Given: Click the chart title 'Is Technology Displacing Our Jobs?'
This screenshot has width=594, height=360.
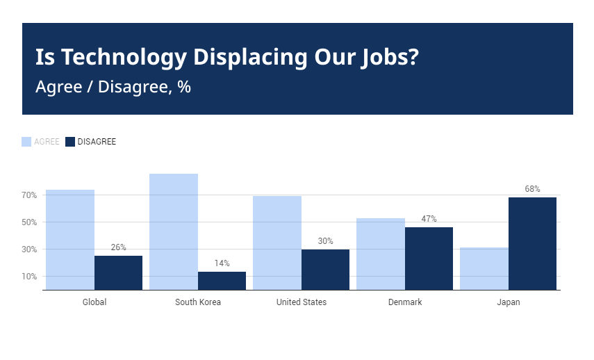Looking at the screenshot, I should coord(226,57).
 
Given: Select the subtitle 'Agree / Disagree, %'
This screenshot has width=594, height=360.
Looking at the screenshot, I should coord(113,88).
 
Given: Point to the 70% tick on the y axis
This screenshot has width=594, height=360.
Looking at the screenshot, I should coord(28,195).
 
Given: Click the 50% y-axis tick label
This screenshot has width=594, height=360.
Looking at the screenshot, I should coord(28,222).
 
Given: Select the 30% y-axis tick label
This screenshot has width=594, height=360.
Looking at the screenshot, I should coord(28,249).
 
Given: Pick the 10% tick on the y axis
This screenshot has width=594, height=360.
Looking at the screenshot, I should coord(28,277).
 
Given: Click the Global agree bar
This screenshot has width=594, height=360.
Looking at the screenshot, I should coord(70,240).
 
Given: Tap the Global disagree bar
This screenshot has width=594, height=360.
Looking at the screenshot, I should coord(118,272).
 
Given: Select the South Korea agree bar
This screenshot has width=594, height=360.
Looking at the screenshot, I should coord(174,231).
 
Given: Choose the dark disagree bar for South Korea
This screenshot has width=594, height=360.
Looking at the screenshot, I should coord(222,281).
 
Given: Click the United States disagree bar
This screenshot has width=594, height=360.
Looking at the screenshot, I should coord(325,270).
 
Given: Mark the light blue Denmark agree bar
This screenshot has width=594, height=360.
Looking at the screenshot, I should coord(380,254).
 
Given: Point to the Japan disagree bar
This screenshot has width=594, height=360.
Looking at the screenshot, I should coord(532,243).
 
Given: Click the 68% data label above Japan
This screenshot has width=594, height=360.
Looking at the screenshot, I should coord(532,189).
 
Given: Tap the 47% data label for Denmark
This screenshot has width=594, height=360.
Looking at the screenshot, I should coord(429,219).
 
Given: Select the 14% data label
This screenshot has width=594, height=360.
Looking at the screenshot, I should coord(222,263).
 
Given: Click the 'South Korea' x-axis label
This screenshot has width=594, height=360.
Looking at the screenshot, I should coord(198,302).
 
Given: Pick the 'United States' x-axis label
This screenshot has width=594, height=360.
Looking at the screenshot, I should coord(302,302).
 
